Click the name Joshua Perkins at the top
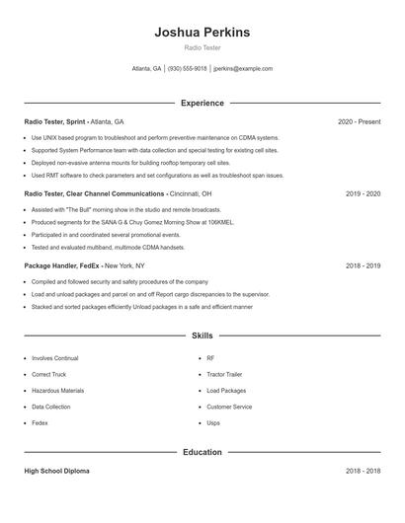202,33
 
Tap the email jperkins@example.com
244,69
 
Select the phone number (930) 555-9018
187,69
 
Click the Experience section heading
202,103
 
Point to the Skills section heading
202,336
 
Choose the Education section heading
202,452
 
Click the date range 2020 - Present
359,121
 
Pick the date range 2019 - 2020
363,193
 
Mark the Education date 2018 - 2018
363,471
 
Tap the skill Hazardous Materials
57,391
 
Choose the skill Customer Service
229,407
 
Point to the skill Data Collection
51,407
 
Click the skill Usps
213,422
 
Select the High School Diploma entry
56,471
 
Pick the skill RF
210,359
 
